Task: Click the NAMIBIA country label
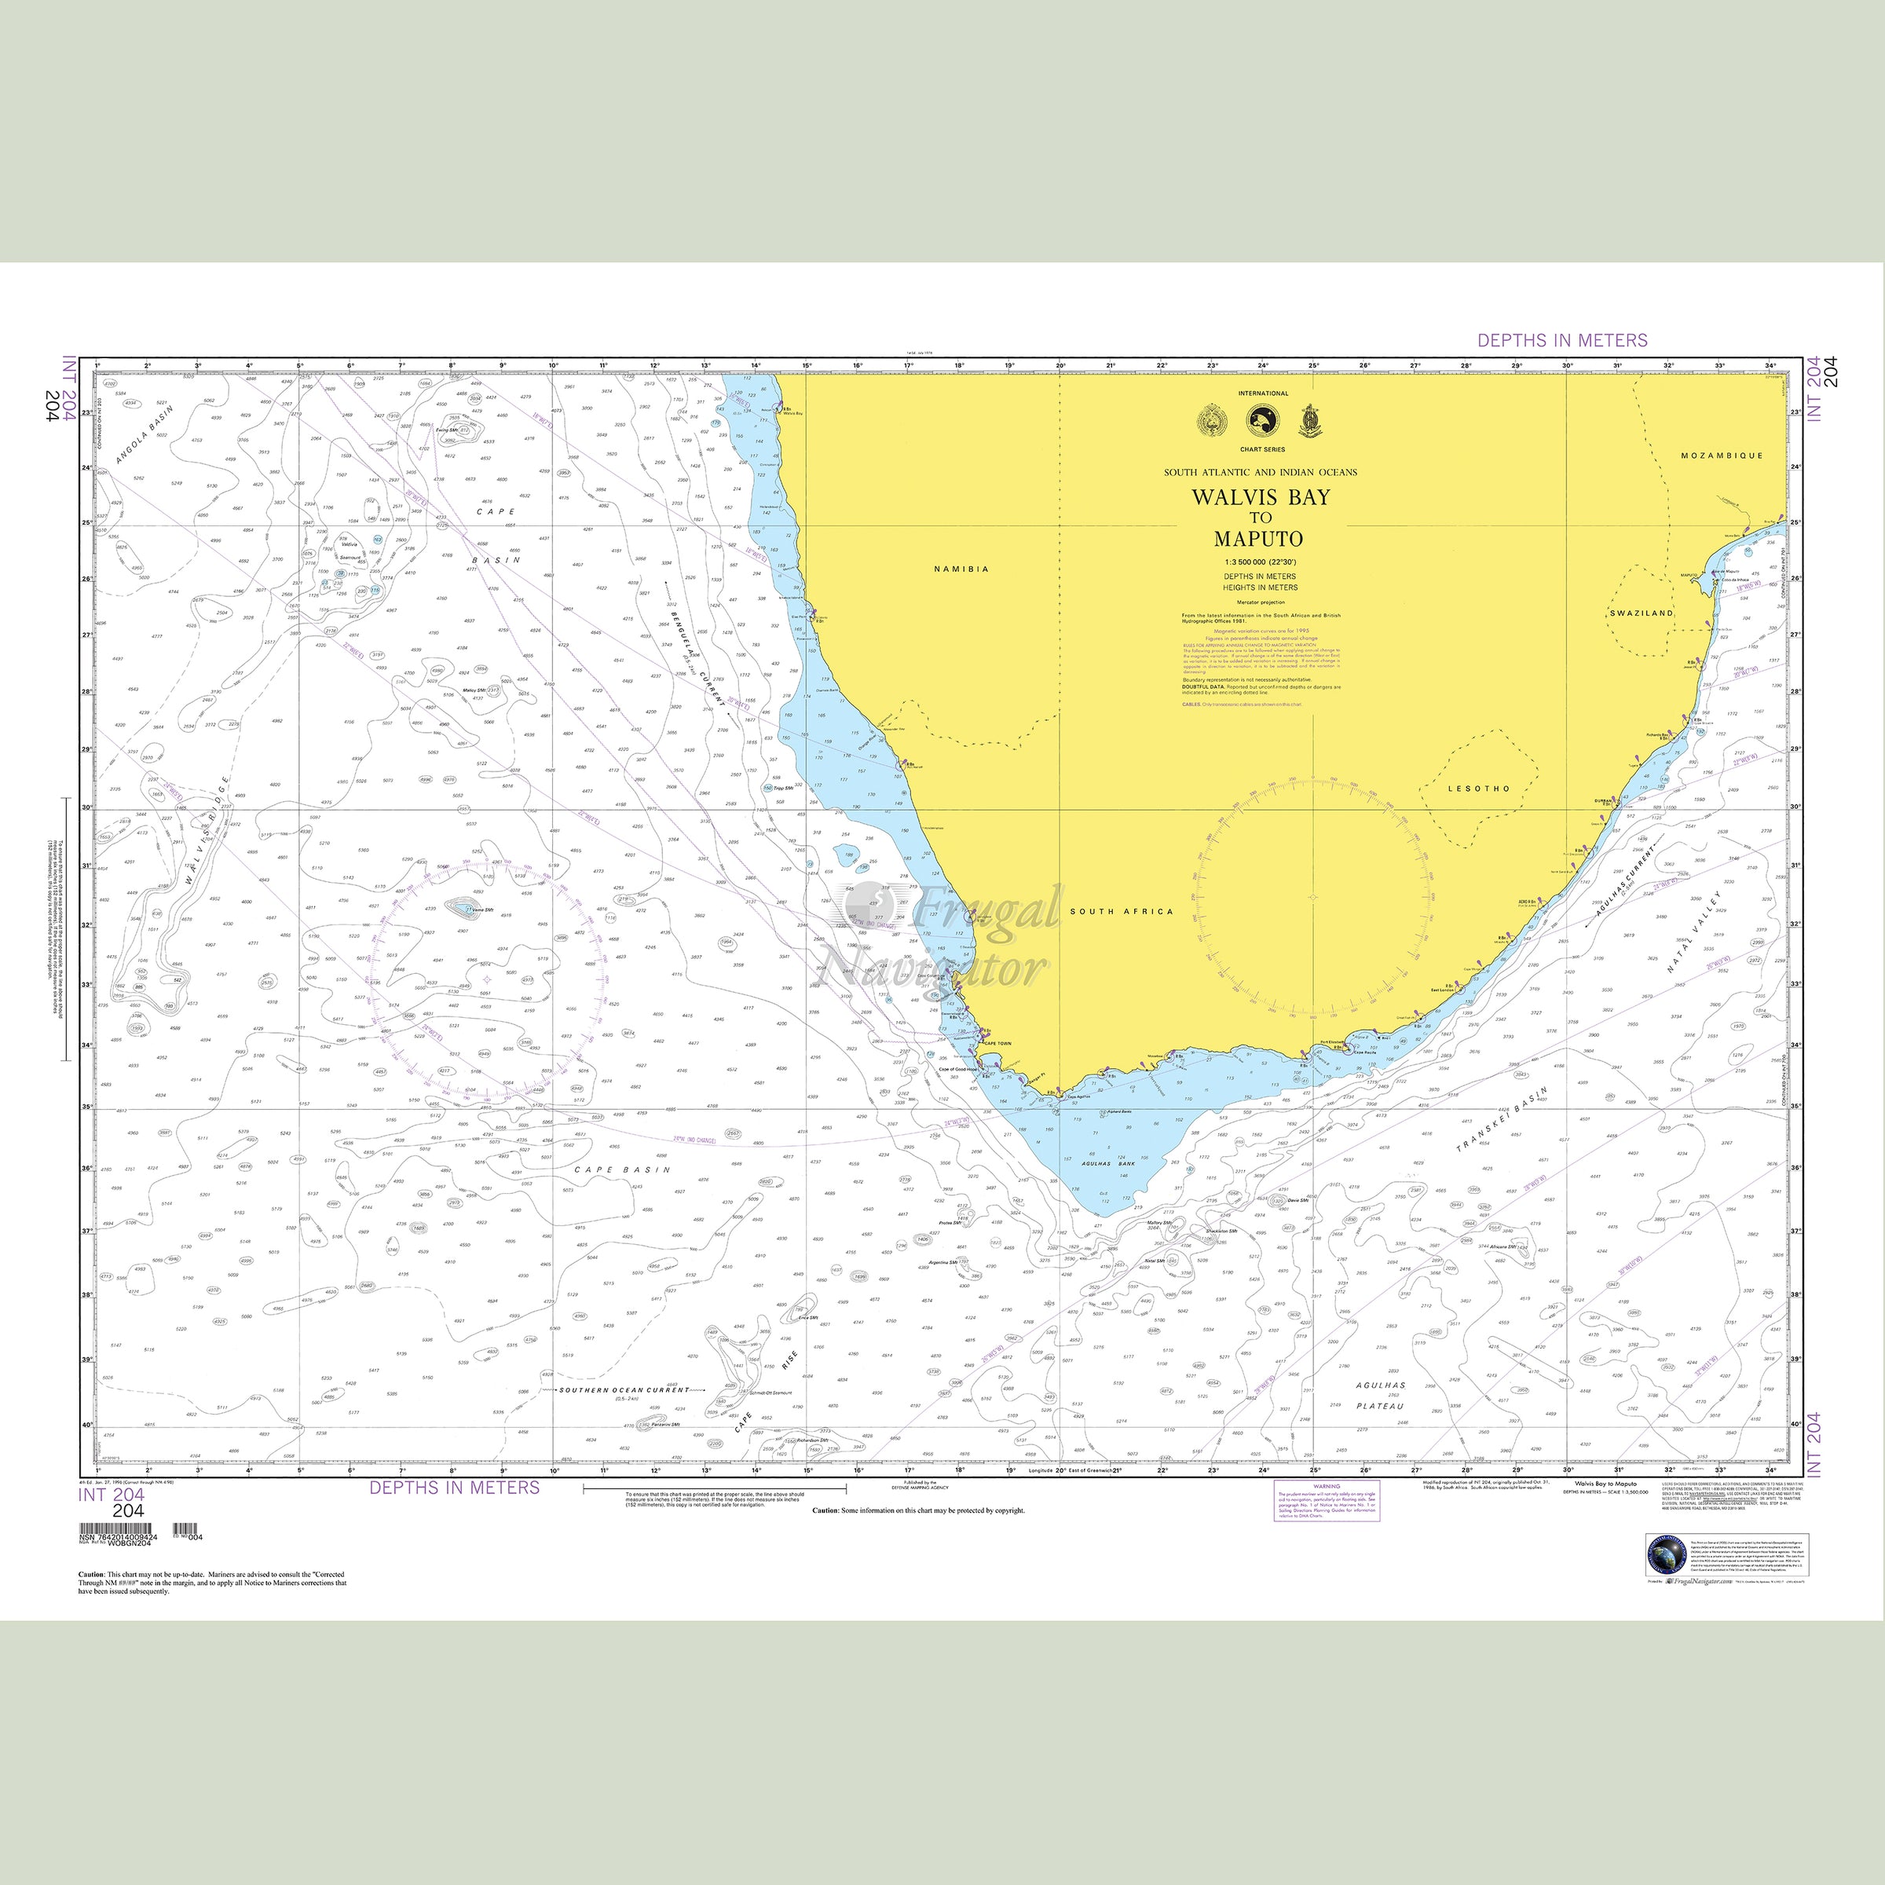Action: click(961, 569)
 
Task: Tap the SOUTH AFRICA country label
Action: click(1121, 911)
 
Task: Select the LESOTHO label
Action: click(1479, 789)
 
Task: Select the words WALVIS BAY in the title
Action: click(1260, 496)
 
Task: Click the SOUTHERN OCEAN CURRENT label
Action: click(624, 1389)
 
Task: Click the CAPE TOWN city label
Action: click(997, 1043)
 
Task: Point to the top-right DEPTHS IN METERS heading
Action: click(1562, 341)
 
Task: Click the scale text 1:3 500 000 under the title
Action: click(1260, 563)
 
